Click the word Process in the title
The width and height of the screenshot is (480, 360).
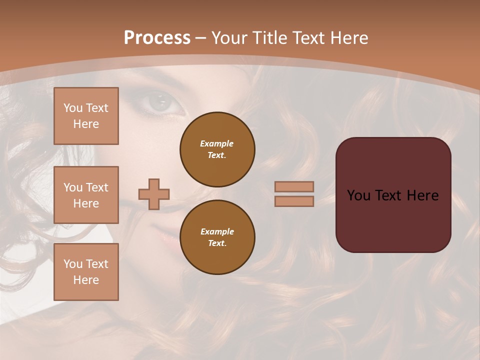pyautogui.click(x=157, y=38)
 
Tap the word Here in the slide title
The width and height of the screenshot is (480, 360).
pyautogui.click(x=348, y=38)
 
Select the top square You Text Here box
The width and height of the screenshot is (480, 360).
pyautogui.click(x=86, y=116)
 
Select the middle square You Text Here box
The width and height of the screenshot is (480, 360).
pyautogui.click(x=86, y=195)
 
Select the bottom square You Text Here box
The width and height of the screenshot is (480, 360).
pyautogui.click(x=86, y=272)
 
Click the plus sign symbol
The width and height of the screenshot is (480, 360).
pyautogui.click(x=154, y=194)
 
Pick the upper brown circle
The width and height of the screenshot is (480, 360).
pyautogui.click(x=217, y=149)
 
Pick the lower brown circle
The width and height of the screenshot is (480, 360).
pyautogui.click(x=217, y=237)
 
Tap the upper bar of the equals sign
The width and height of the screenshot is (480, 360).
pyautogui.click(x=294, y=186)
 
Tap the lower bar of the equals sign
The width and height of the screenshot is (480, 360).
pyautogui.click(x=294, y=201)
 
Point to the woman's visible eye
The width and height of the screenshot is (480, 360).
pyautogui.click(x=159, y=103)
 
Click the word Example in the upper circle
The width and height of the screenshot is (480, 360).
pyautogui.click(x=217, y=143)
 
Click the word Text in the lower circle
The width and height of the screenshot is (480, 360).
pyautogui.click(x=216, y=243)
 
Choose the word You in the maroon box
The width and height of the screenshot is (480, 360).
pyautogui.click(x=358, y=195)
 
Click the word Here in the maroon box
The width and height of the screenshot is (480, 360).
pyautogui.click(x=422, y=195)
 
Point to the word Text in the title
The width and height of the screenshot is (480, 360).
pyautogui.click(x=309, y=38)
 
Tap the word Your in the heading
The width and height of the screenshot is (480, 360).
pyautogui.click(x=230, y=38)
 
